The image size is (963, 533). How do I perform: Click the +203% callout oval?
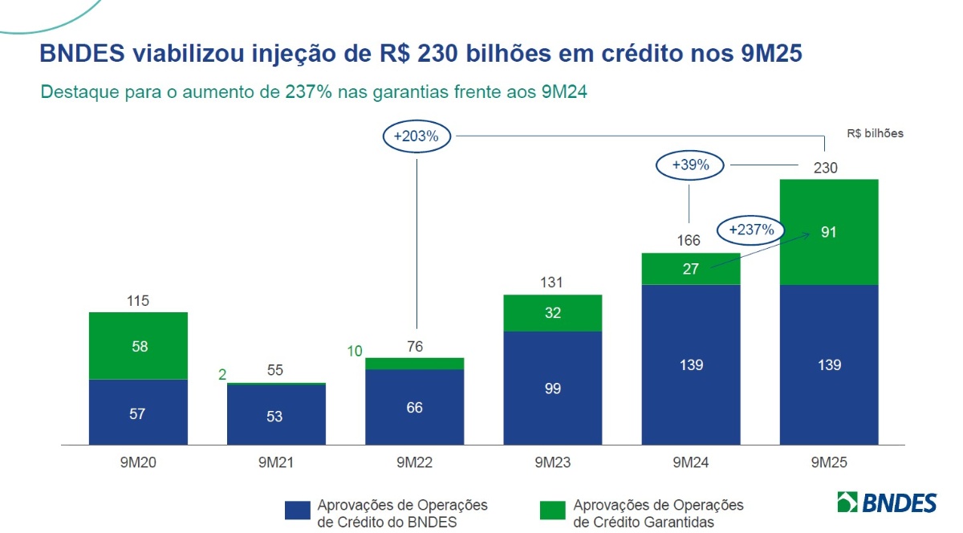tap(416, 136)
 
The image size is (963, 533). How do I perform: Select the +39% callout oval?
tap(690, 166)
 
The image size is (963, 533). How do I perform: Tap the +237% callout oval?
tap(751, 230)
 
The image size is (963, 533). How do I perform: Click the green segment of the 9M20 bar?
tap(138, 346)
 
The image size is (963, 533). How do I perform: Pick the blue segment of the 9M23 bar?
tap(553, 388)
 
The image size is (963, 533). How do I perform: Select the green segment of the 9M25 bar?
tap(829, 231)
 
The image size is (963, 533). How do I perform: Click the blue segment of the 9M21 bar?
tap(276, 415)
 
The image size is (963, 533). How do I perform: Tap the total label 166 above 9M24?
tap(689, 240)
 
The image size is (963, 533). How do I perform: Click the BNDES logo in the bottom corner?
tap(886, 502)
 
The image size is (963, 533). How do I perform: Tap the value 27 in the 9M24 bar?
tap(691, 270)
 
